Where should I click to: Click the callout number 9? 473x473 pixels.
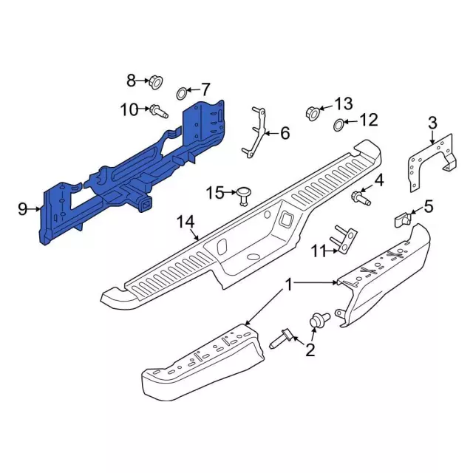coord(23,208)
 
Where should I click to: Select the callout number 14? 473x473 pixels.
coord(186,222)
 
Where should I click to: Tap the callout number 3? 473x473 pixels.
coord(432,123)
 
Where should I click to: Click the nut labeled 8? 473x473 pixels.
coord(156,82)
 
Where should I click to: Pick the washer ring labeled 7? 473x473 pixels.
coord(182,93)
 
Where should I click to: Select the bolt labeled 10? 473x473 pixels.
coord(159,112)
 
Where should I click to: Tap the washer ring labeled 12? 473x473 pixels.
coord(339,125)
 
